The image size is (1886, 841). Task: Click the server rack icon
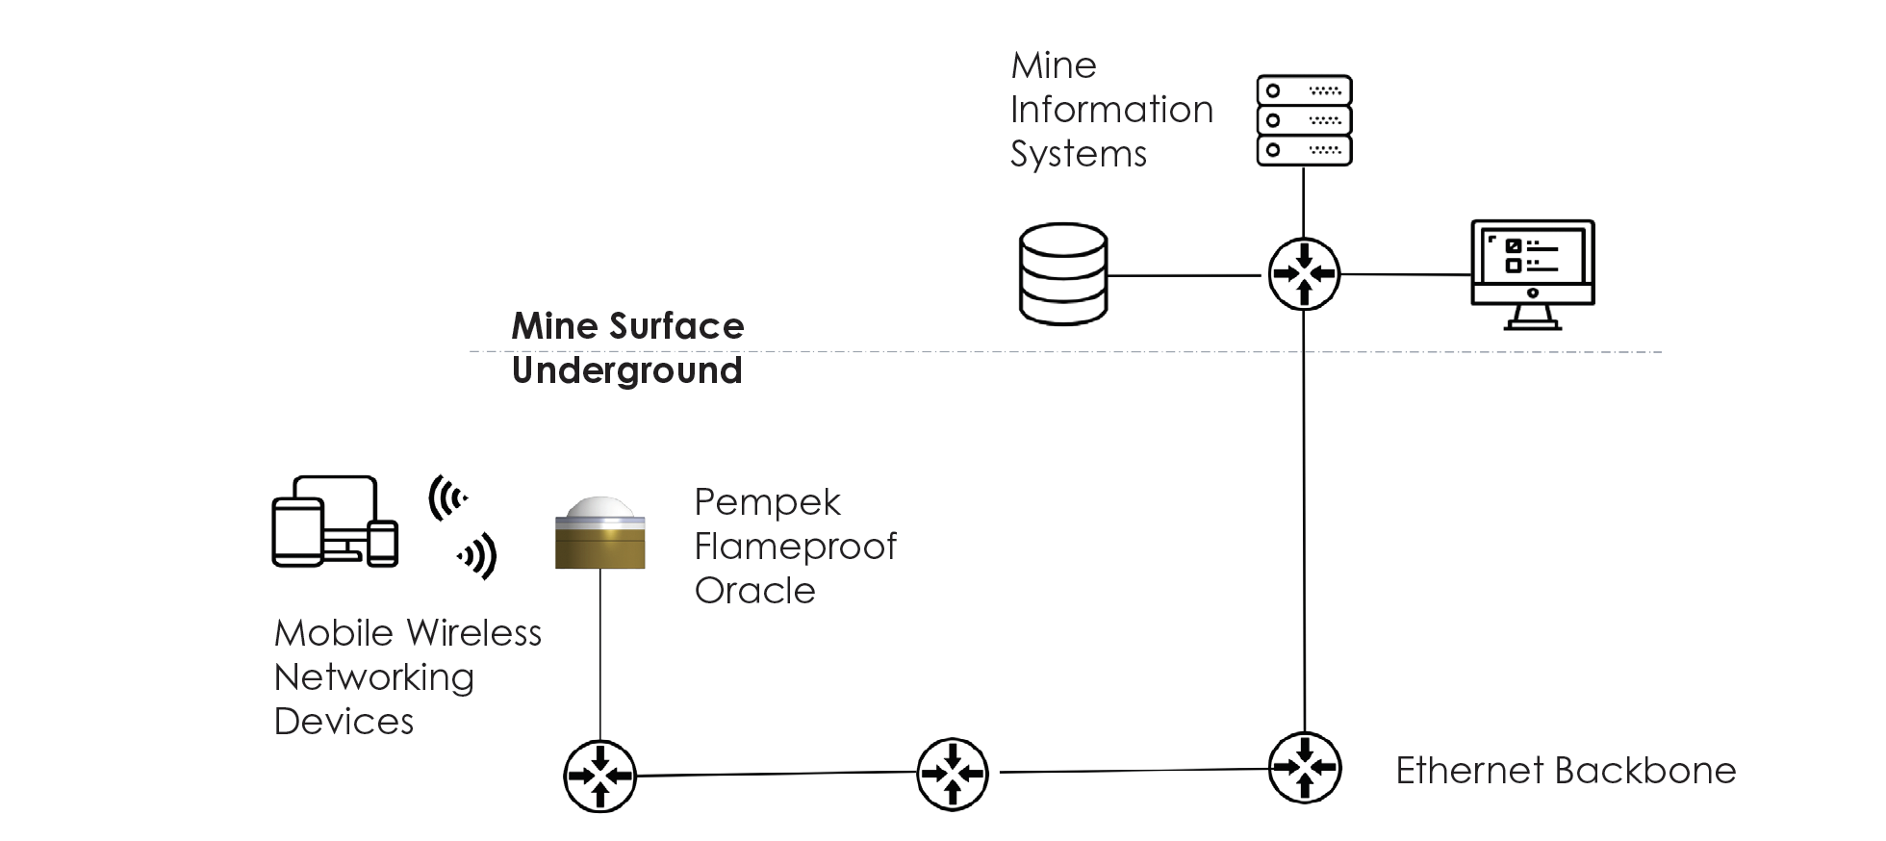[x=1304, y=120]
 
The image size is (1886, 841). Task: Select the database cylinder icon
[x=1062, y=274]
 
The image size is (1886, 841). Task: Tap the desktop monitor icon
[x=1532, y=274]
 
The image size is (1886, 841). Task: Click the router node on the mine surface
[x=1304, y=274]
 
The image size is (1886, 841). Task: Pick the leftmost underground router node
[x=599, y=775]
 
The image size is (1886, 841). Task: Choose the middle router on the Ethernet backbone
[x=953, y=773]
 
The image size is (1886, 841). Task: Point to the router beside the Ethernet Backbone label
[x=1304, y=768]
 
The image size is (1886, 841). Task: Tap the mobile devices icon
[x=334, y=522]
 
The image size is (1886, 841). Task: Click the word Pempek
[x=767, y=502]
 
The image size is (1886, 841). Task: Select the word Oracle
[x=754, y=591]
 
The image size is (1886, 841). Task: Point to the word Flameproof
[x=795, y=547]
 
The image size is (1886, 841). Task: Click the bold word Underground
[x=626, y=370]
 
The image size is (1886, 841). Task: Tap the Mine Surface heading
[x=627, y=326]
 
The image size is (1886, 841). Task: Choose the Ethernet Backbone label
[x=1566, y=771]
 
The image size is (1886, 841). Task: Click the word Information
[x=1111, y=110]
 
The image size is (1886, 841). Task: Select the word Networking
[x=373, y=677]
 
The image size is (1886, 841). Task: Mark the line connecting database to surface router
[x=1184, y=276]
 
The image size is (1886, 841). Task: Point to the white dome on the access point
[x=599, y=507]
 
